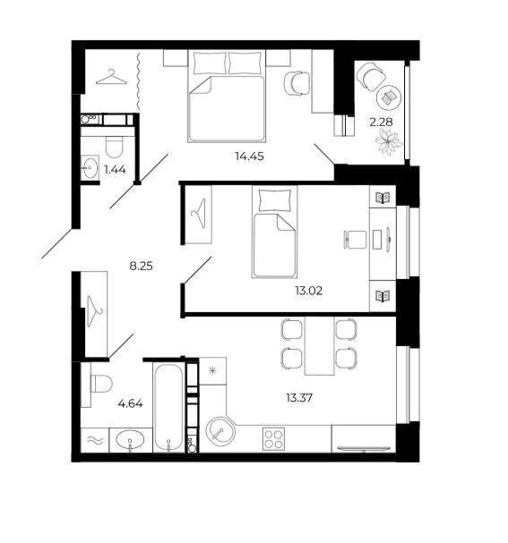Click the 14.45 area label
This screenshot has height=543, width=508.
(x=249, y=157)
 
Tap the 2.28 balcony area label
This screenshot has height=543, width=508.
(x=381, y=122)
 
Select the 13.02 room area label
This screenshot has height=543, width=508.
(x=308, y=291)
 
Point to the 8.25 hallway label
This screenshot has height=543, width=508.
(x=141, y=267)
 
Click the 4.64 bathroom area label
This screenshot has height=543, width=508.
(x=130, y=403)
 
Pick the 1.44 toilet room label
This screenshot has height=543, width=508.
(x=115, y=170)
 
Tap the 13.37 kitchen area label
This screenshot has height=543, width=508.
(x=299, y=398)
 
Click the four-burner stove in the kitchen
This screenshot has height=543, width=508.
(x=273, y=438)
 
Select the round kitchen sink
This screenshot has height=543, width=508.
(x=220, y=431)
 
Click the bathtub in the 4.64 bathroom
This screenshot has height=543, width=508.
(x=168, y=408)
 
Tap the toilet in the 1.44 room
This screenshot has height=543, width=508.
(x=114, y=147)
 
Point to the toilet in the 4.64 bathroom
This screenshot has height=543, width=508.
(x=101, y=384)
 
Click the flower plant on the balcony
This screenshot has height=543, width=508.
(x=388, y=141)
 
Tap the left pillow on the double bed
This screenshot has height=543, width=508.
(x=210, y=63)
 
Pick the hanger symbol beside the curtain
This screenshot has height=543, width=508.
(x=111, y=77)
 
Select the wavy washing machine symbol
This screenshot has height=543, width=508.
(x=95, y=440)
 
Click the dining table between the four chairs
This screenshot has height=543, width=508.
(x=319, y=346)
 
